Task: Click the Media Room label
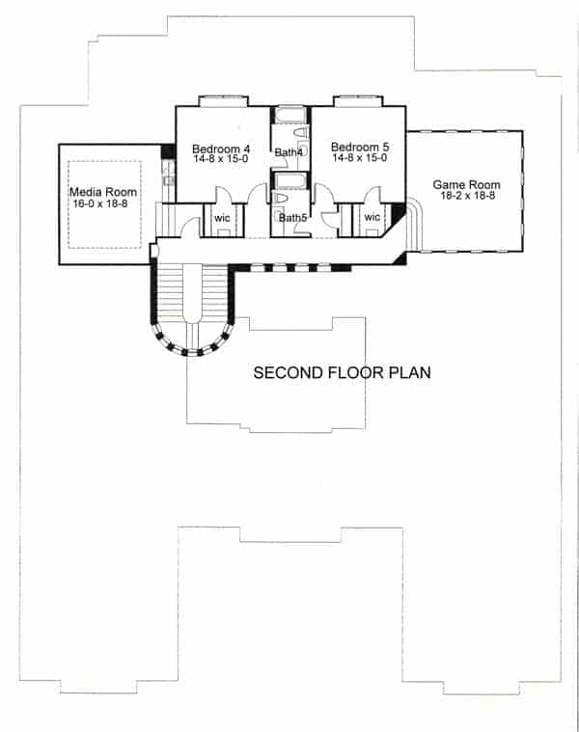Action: (x=103, y=193)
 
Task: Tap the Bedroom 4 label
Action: (x=221, y=149)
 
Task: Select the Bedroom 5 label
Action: (x=358, y=148)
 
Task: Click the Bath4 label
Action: (x=289, y=153)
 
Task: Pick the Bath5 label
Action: (x=292, y=218)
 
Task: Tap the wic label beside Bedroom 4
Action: (x=222, y=218)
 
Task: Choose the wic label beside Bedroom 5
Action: (x=372, y=218)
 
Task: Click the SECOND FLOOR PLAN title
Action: (x=341, y=372)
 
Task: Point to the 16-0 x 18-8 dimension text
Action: (x=103, y=204)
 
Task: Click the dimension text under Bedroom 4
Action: (x=221, y=159)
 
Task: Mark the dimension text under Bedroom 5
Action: (x=358, y=159)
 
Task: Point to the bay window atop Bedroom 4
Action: (x=223, y=99)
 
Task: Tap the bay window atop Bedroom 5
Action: (x=358, y=99)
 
